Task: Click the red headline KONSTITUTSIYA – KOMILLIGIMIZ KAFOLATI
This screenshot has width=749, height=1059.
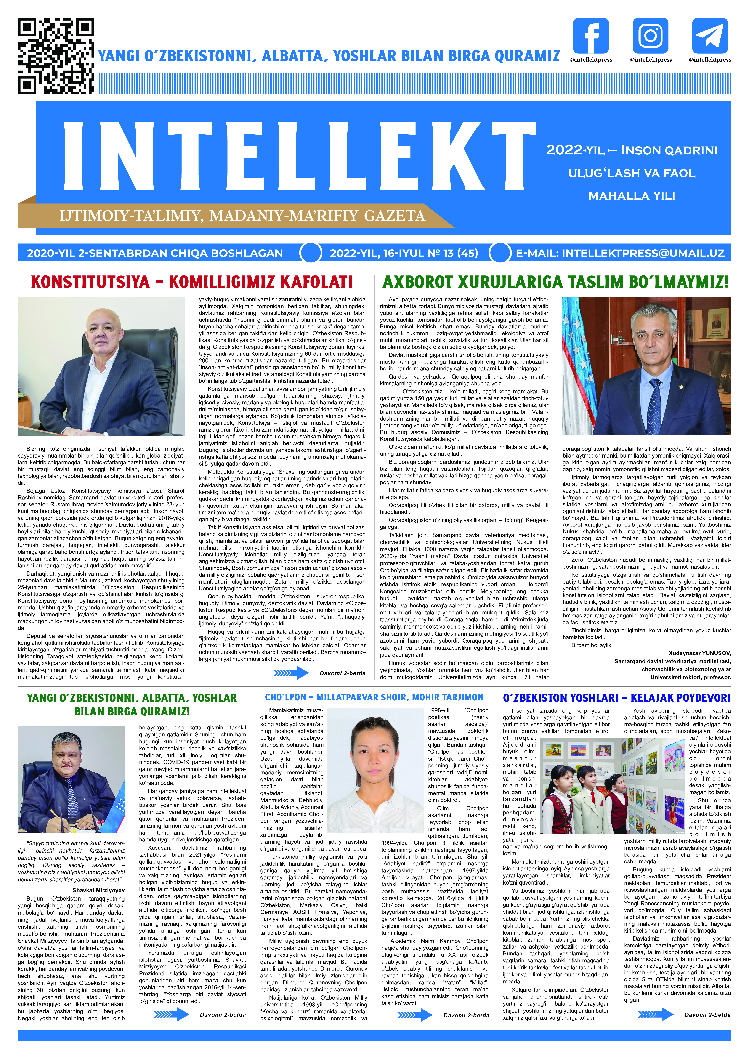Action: (x=192, y=282)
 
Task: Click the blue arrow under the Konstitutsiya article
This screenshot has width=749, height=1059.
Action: (x=291, y=673)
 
